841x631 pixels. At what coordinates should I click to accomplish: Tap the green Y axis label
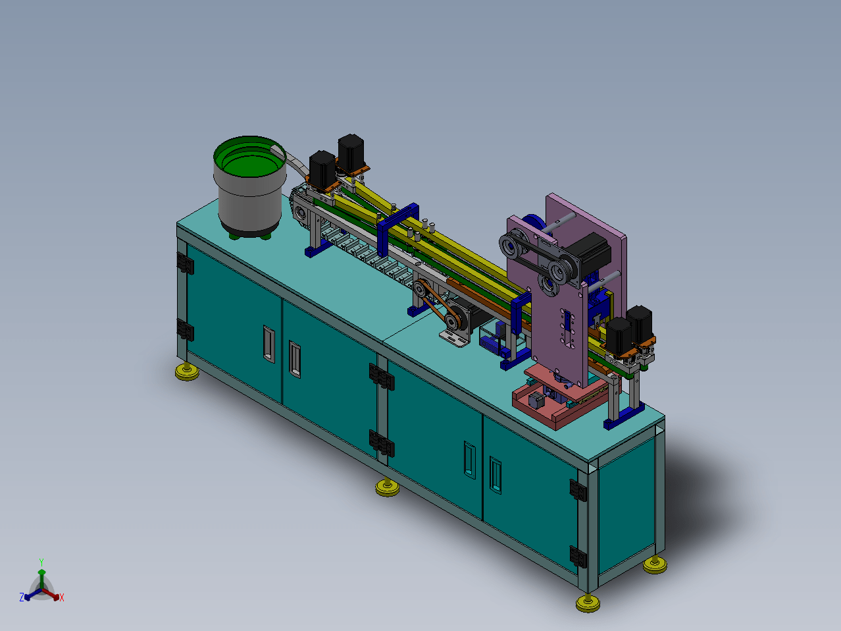click(x=41, y=562)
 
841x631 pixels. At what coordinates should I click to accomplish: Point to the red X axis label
click(x=62, y=597)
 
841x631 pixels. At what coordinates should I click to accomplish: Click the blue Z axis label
click(x=22, y=597)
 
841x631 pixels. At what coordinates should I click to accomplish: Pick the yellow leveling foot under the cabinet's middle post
click(x=387, y=487)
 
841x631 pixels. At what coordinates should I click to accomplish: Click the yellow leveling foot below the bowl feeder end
click(x=187, y=371)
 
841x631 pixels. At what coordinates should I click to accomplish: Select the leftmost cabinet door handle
click(x=269, y=344)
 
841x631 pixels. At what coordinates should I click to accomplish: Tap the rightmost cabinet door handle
click(x=496, y=476)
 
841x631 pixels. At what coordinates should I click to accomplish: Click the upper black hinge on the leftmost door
click(x=186, y=263)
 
